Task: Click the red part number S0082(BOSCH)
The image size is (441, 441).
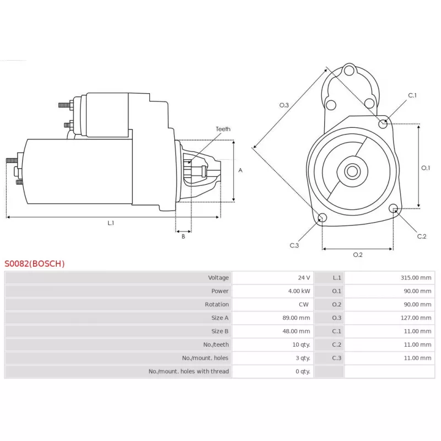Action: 35,263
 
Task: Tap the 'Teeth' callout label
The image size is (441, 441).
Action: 223,129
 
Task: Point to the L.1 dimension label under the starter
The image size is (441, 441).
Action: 110,223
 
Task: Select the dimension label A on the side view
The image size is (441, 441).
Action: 240,170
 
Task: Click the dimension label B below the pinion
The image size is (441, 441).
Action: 183,236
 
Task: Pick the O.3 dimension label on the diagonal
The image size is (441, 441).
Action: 284,105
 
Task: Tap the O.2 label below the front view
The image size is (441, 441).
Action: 357,255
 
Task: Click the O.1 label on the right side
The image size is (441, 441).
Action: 426,168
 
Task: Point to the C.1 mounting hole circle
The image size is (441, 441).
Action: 383,123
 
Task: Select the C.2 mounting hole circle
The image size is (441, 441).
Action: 394,208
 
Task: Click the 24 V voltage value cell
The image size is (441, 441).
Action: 304,277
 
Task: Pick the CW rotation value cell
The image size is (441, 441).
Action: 304,304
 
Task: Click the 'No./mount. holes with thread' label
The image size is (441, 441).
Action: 189,372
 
